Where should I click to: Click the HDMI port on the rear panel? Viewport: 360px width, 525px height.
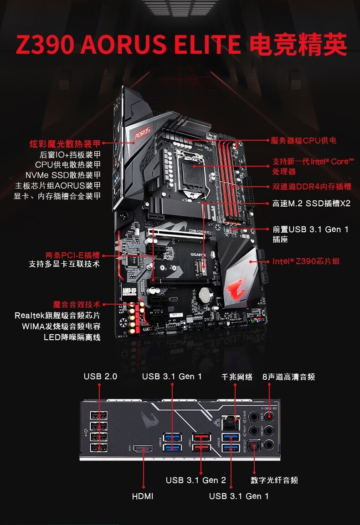click(x=143, y=449)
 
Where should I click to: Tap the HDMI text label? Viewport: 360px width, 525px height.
click(x=143, y=496)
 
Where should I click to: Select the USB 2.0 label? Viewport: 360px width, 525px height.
click(x=100, y=377)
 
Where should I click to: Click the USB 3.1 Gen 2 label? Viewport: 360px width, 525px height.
click(x=195, y=480)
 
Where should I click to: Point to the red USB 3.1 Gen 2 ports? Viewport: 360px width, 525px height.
click(x=200, y=442)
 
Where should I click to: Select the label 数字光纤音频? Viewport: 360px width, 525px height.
click(x=274, y=480)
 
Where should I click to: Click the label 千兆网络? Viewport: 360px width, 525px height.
click(x=237, y=377)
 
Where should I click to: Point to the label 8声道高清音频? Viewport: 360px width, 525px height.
click(x=288, y=377)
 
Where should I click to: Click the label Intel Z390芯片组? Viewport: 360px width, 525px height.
click(x=306, y=261)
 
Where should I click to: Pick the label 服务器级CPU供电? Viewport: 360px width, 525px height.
click(x=303, y=141)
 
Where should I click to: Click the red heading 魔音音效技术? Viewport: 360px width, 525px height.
click(x=77, y=305)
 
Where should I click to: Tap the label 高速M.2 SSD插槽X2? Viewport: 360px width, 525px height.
click(x=311, y=204)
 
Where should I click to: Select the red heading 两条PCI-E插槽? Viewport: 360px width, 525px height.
click(x=72, y=255)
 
